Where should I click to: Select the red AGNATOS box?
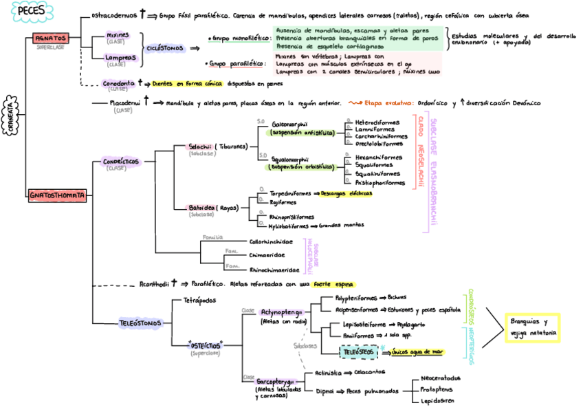pos(49,39)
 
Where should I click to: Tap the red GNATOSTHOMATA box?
pos(58,195)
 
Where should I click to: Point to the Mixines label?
pos(116,34)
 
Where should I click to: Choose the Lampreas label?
pos(115,58)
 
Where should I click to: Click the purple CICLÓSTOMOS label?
pos(164,48)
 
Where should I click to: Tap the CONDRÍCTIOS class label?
pos(120,162)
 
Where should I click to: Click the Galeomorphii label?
pos(289,124)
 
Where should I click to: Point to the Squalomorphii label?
pos(290,159)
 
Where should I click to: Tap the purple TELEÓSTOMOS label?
pos(141,322)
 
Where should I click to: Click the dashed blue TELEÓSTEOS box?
pos(357,351)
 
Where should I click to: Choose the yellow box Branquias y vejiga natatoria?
pos(533,327)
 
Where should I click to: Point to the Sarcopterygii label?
pos(275,381)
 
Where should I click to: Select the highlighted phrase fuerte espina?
pos(333,283)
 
